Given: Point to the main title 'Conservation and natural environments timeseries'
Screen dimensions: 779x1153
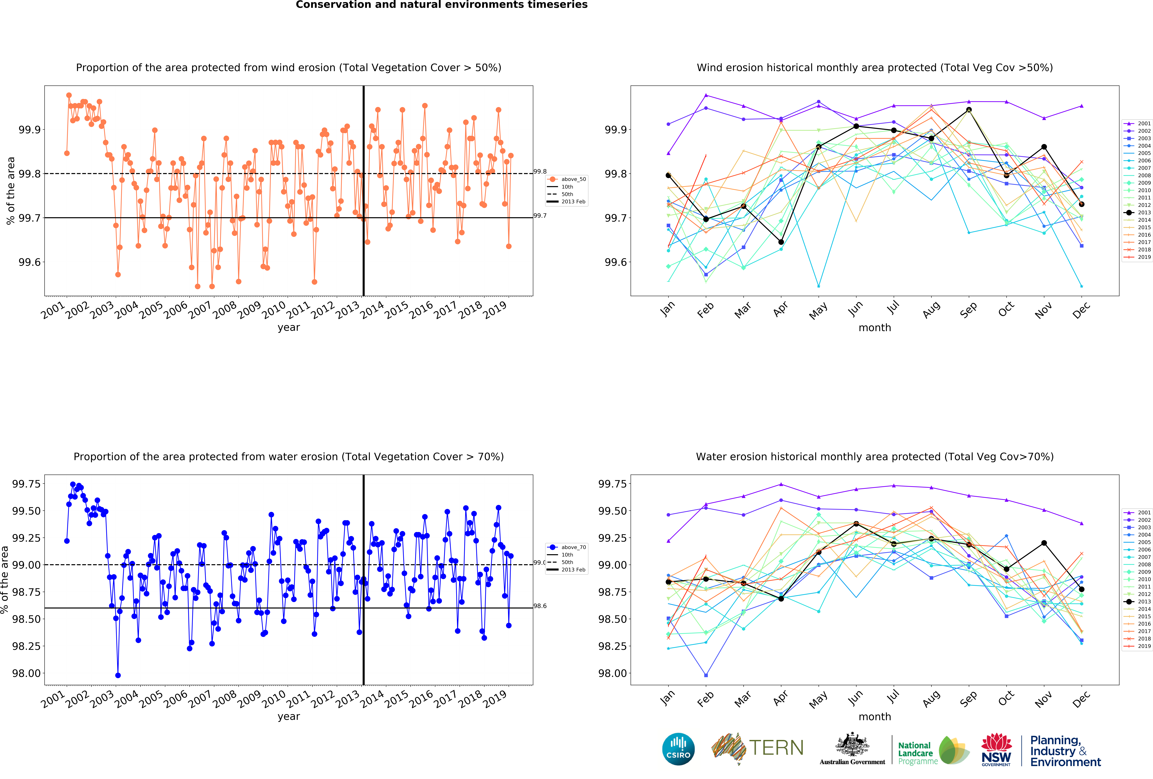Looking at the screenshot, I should tap(442, 5).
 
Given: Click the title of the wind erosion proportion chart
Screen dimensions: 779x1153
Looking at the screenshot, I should tap(288, 67).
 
